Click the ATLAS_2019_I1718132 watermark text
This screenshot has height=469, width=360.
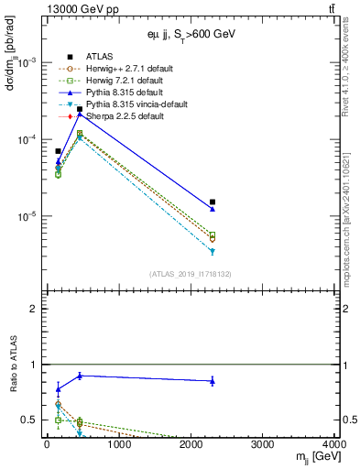pyautogui.click(x=191, y=274)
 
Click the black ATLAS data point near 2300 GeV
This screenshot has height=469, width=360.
pyautogui.click(x=213, y=202)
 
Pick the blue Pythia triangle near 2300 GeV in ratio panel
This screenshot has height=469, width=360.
pyautogui.click(x=213, y=381)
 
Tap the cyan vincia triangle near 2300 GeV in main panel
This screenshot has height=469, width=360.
pyautogui.click(x=213, y=251)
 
